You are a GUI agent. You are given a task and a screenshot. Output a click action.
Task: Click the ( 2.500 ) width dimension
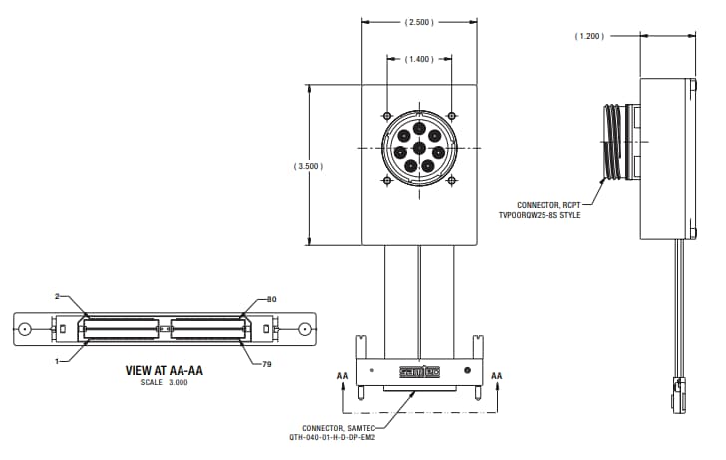point(419,21)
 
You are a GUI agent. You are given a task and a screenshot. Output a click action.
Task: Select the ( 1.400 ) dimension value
point(419,60)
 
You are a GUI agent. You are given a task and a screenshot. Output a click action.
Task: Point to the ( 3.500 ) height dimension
point(309,166)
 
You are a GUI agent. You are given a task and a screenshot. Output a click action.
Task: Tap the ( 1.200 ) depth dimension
point(590,36)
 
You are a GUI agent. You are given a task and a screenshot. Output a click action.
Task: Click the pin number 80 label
point(272,299)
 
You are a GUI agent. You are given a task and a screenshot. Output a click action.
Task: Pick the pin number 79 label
point(266,364)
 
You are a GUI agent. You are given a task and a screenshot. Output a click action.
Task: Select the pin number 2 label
point(58,296)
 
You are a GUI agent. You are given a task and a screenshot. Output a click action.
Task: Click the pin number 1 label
point(58,360)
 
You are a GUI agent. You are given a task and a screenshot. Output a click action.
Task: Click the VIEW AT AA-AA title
point(165,370)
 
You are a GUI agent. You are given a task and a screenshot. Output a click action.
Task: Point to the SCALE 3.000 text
point(165,383)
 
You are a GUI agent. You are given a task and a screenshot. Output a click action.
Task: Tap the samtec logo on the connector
point(419,373)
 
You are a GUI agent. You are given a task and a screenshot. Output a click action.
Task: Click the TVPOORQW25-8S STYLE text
point(540,215)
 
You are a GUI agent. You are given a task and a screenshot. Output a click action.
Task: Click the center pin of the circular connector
point(419,150)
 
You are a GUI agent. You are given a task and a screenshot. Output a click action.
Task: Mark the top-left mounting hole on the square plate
point(386,114)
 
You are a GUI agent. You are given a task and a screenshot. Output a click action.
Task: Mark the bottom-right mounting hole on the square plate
point(452,180)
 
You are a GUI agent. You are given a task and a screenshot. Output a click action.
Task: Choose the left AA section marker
point(342,376)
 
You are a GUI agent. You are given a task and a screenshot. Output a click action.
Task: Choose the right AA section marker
point(497,376)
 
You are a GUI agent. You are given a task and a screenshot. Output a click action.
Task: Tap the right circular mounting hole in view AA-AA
point(304,329)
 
